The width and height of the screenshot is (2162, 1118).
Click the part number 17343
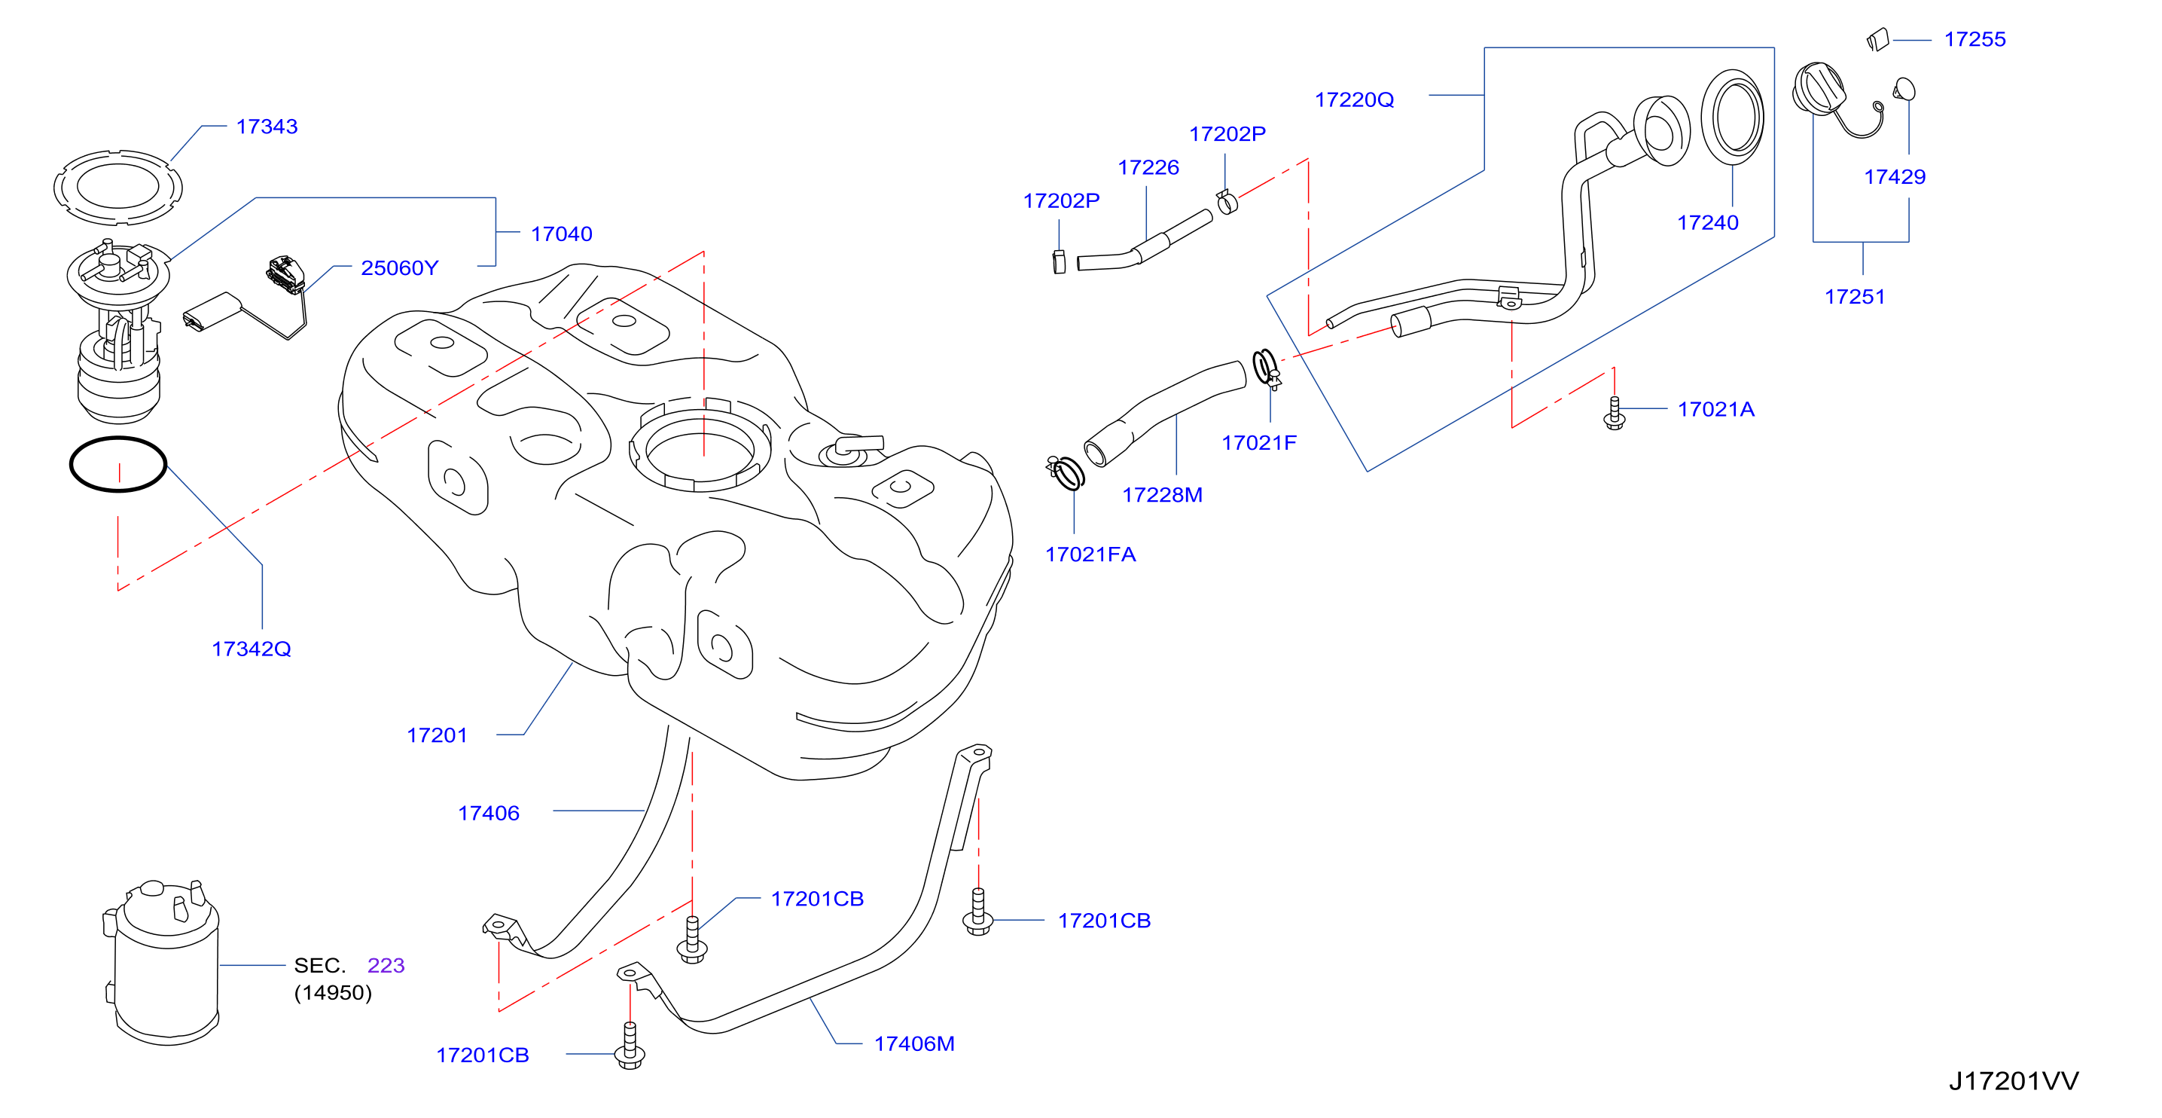click(267, 126)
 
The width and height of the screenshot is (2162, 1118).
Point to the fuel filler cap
click(1819, 89)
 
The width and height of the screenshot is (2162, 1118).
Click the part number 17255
click(1974, 38)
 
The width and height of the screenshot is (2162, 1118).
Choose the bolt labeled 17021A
click(1614, 412)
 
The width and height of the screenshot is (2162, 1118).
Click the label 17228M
click(1163, 494)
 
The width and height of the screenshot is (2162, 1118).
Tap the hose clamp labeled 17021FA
click(1066, 472)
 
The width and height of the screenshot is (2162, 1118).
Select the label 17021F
click(1259, 442)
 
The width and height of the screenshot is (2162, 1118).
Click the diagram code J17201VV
click(2014, 1080)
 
